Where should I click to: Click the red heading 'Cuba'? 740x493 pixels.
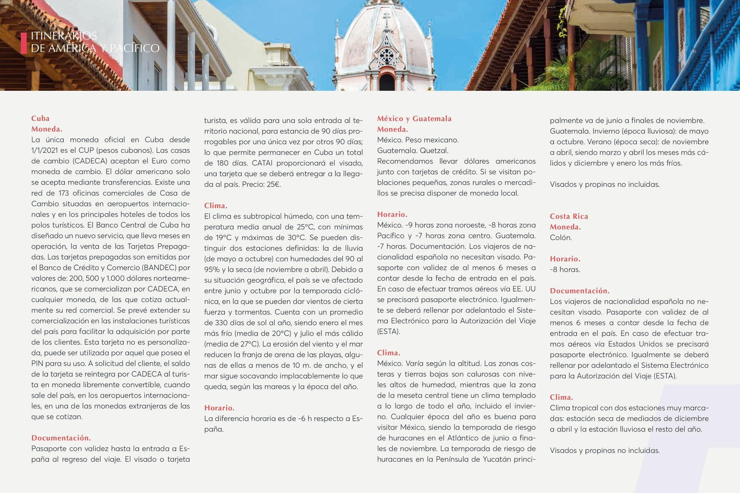point(40,118)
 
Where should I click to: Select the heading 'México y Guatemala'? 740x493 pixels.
point(414,119)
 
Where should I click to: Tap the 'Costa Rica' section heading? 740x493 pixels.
point(569,217)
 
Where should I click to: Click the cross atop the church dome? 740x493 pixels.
point(386,18)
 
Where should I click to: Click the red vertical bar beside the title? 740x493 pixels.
point(24,43)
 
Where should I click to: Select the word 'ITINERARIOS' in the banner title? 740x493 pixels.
point(64,36)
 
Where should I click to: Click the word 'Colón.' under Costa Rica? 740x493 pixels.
point(561,237)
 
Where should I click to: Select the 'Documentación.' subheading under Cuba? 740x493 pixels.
point(61,438)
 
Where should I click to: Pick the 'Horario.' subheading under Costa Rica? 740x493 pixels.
point(565,259)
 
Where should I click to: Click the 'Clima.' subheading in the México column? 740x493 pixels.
point(388,353)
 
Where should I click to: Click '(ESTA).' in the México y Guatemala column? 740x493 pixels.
point(388,332)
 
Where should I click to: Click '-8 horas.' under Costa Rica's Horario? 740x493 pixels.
point(565,270)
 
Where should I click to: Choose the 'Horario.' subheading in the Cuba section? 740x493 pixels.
point(219,408)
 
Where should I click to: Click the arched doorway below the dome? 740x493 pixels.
point(386,82)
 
